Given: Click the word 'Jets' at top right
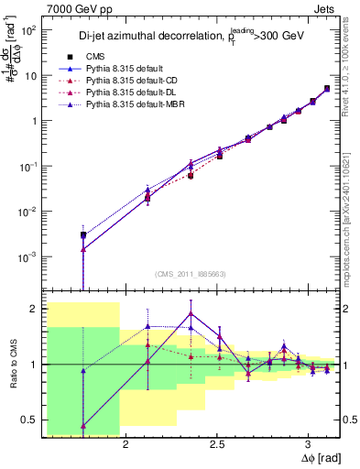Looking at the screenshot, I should click(x=324, y=7).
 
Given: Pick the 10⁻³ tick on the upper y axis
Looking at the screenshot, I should click(x=27, y=256).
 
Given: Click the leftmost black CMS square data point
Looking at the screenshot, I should click(x=83, y=235).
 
